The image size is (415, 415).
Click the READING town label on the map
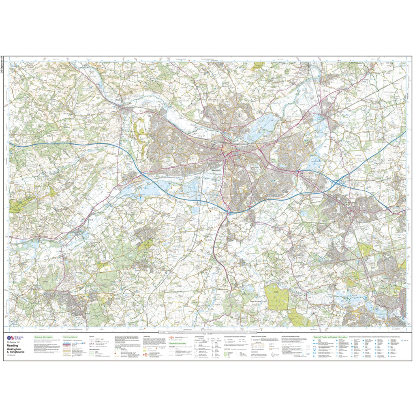[x=216, y=171]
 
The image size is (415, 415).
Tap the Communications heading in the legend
[x=70, y=337]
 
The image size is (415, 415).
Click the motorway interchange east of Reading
[x=336, y=183]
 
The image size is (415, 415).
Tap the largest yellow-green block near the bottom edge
[x=277, y=298]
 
